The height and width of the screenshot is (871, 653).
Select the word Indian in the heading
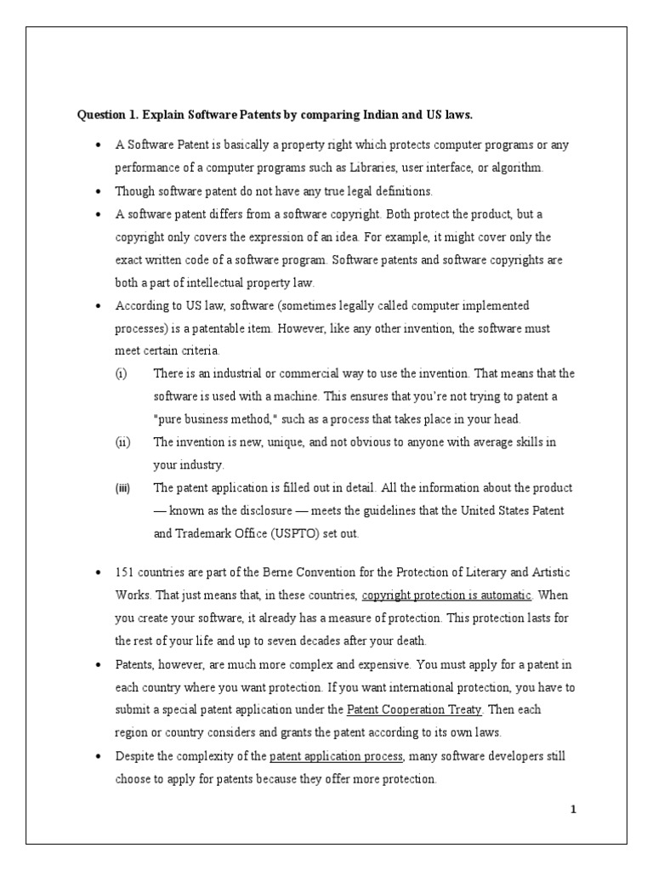pyautogui.click(x=371, y=114)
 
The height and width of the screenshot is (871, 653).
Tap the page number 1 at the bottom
pyautogui.click(x=574, y=809)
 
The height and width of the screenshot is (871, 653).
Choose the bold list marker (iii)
pyautogui.click(x=123, y=488)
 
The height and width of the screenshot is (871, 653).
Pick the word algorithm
pyautogui.click(x=512, y=168)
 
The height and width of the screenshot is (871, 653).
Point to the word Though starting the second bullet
pyautogui.click(x=134, y=191)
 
